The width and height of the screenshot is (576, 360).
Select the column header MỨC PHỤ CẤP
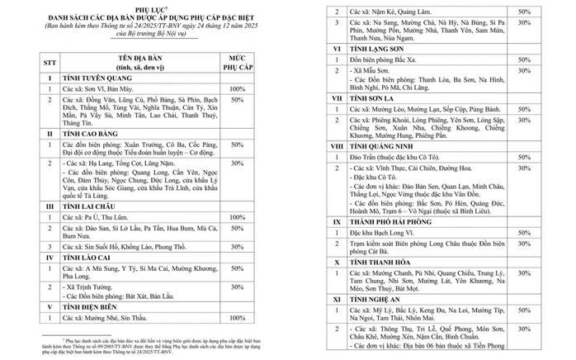point(237,61)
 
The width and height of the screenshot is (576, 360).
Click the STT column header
point(51,61)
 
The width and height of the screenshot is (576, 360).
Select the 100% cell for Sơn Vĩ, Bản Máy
point(237,88)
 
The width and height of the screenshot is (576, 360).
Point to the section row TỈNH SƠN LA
point(372,97)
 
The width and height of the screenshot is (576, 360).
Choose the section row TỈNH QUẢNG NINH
point(382,145)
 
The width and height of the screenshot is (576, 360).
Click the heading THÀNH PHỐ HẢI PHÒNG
point(393,222)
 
